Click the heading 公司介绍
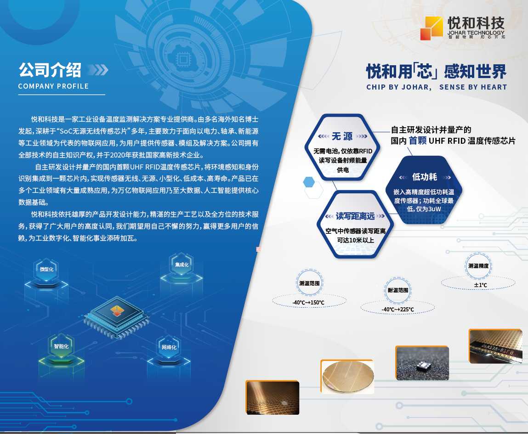pos(50,70)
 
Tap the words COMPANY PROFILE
pos(53,86)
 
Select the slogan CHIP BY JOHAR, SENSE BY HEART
pos(436,87)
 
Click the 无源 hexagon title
pos(342,136)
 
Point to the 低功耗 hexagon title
pos(424,177)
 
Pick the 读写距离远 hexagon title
pos(355,216)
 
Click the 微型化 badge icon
pos(46,269)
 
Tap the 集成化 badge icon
pos(182,265)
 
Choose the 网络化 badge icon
pos(169,347)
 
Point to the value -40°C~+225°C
pos(397,309)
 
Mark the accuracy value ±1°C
pos(480,285)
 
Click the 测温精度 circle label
pos(478,265)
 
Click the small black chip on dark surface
pos(421,366)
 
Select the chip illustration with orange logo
pos(117,312)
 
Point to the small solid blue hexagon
pos(309,182)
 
